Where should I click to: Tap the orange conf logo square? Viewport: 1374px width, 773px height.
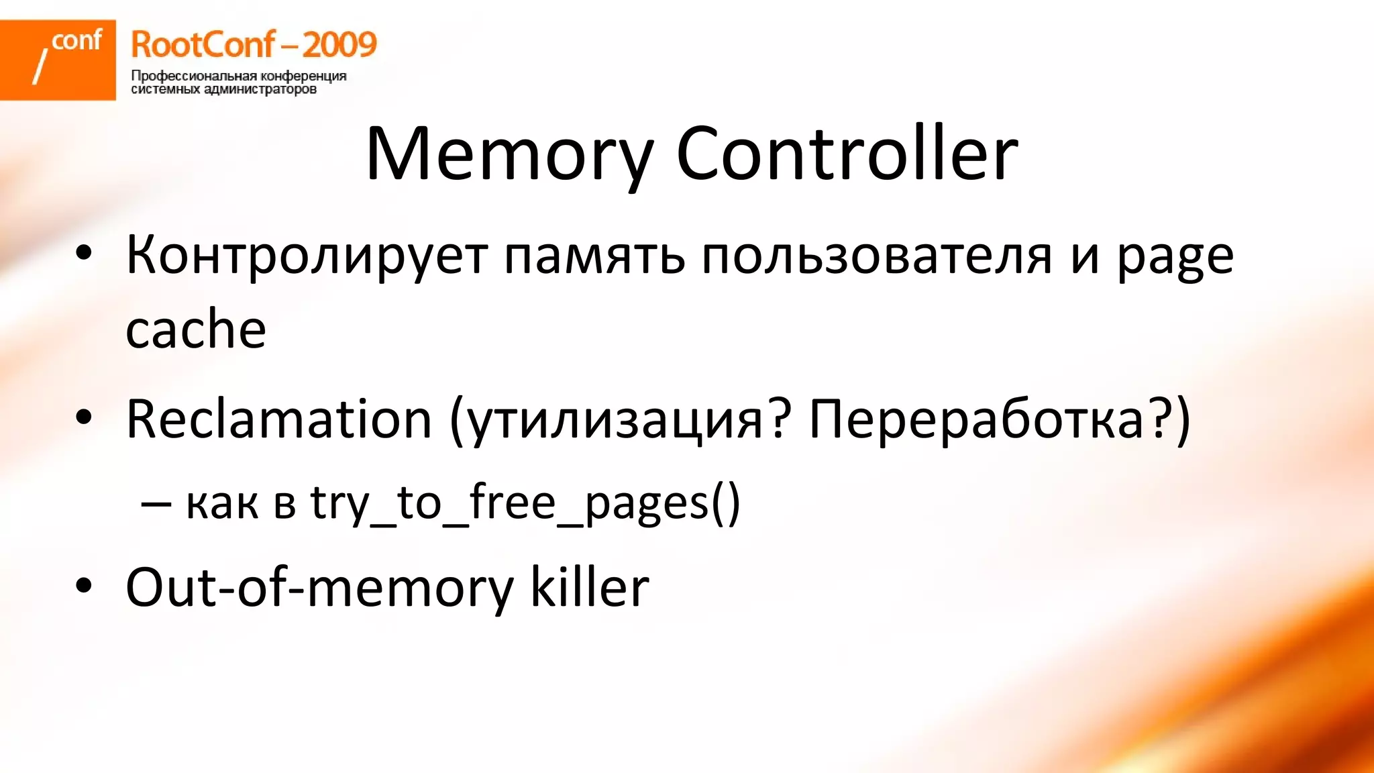coord(58,60)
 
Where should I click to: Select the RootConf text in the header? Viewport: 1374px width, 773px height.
coord(202,45)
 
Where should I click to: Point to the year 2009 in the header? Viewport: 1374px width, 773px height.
coord(339,45)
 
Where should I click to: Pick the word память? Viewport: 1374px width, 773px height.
coord(594,256)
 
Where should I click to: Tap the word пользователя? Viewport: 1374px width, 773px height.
coord(876,256)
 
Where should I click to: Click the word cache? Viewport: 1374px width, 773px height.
coord(195,330)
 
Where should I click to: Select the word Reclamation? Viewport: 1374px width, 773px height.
coord(278,420)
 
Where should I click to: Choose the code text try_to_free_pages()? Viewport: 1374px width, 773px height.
coord(525,503)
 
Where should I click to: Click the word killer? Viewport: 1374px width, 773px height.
coord(590,588)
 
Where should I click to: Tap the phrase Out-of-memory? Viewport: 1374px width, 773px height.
coord(319,588)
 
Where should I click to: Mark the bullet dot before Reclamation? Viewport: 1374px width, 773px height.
coord(84,417)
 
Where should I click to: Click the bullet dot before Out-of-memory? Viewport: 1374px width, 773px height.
coord(84,585)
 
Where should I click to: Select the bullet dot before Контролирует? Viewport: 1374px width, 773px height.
coord(84,254)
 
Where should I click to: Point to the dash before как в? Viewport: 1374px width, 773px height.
coord(155,503)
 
